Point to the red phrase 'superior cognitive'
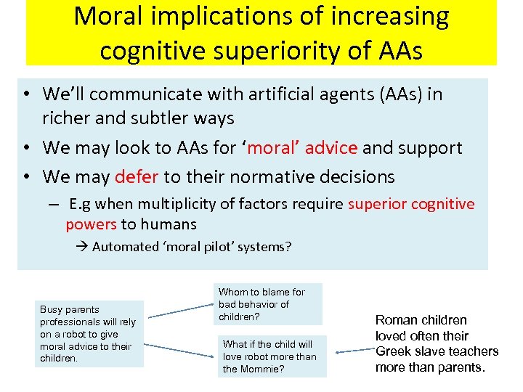click(411, 204)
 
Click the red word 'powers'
click(91, 224)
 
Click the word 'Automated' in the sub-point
click(125, 246)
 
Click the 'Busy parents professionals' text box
click(89, 333)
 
